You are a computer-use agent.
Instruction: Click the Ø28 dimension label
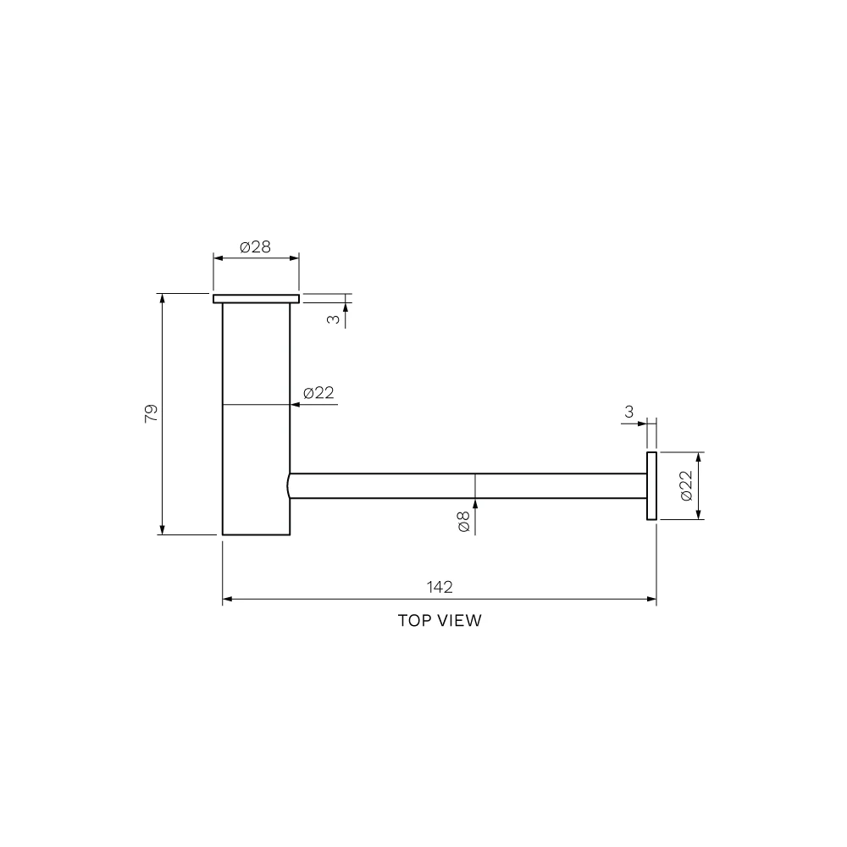[255, 247]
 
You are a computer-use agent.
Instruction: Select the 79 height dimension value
[152, 413]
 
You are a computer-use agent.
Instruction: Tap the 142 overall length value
[440, 587]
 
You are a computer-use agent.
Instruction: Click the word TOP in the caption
[415, 621]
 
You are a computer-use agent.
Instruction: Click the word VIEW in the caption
[460, 621]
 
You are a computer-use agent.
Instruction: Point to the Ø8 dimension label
[463, 521]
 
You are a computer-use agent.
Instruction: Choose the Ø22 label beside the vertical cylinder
[318, 393]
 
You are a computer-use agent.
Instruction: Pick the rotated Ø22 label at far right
[686, 485]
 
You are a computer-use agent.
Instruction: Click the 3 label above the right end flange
[628, 412]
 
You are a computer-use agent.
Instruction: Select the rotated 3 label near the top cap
[334, 319]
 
